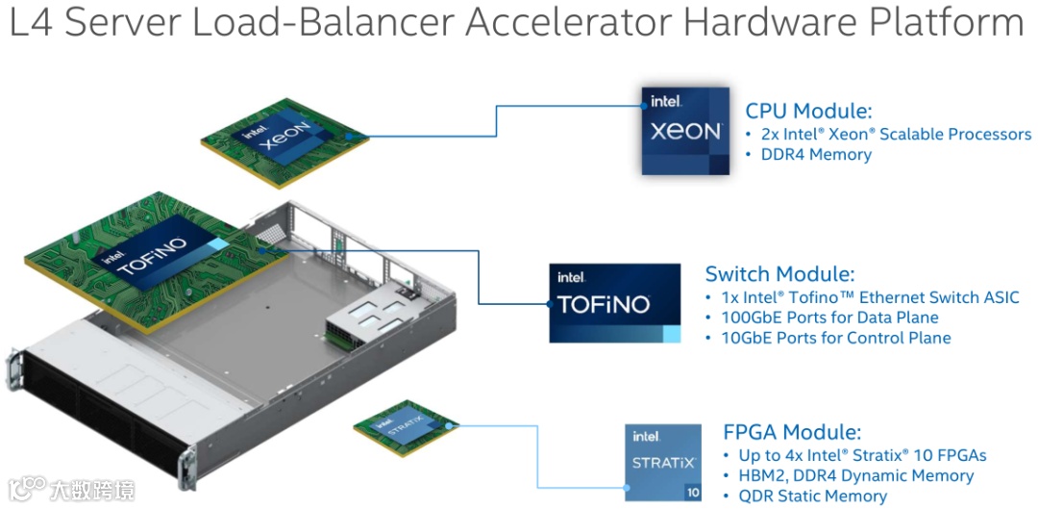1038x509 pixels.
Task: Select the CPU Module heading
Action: (808, 111)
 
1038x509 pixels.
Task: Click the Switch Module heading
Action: (779, 274)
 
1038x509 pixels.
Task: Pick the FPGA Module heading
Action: (791, 432)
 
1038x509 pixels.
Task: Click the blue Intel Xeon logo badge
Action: (685, 130)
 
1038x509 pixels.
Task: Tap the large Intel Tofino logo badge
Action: (615, 303)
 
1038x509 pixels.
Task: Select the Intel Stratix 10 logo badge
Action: (663, 462)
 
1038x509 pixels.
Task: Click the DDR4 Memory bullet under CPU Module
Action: (816, 155)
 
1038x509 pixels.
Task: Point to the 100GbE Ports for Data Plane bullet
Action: (829, 318)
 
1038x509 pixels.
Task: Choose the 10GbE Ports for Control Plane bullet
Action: (835, 338)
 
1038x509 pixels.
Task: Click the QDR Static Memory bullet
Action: (812, 496)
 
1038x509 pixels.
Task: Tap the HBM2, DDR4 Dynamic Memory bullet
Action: (855, 476)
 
